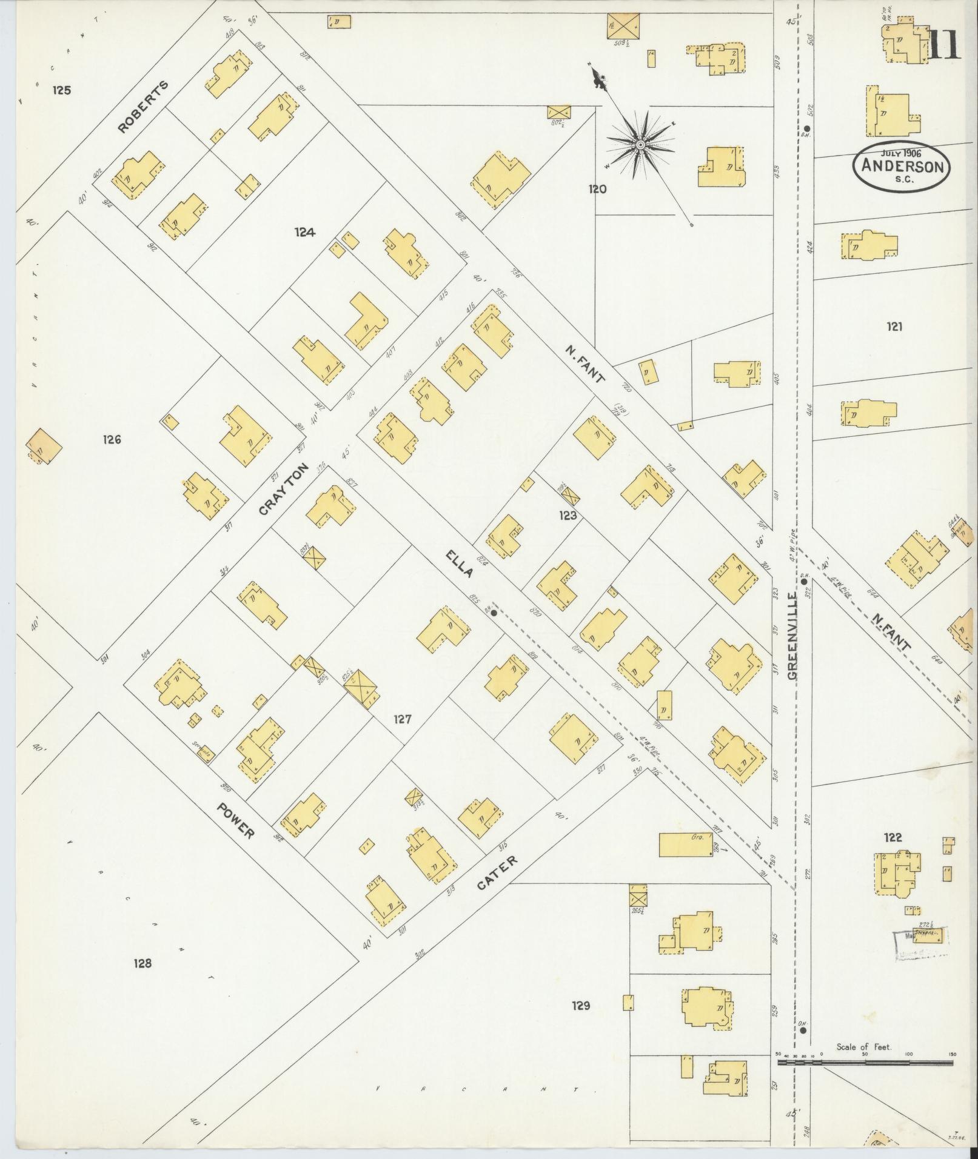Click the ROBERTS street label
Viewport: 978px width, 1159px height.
click(143, 107)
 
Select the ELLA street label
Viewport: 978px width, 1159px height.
click(458, 564)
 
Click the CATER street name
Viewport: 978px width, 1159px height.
click(497, 873)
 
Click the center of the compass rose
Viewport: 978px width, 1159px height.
click(640, 145)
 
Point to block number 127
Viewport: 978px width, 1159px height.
click(402, 719)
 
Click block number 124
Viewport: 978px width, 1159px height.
click(305, 231)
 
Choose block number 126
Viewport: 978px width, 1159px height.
click(112, 439)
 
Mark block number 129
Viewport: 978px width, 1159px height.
click(580, 1006)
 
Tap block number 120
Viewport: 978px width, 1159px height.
click(597, 189)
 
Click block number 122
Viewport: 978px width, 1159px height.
click(893, 839)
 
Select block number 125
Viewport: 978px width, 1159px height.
click(62, 90)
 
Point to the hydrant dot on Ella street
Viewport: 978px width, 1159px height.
click(494, 613)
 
